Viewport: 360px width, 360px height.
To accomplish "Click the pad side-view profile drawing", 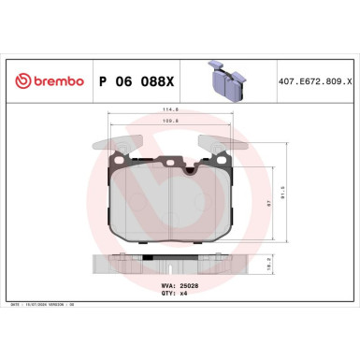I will click(x=171, y=266).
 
